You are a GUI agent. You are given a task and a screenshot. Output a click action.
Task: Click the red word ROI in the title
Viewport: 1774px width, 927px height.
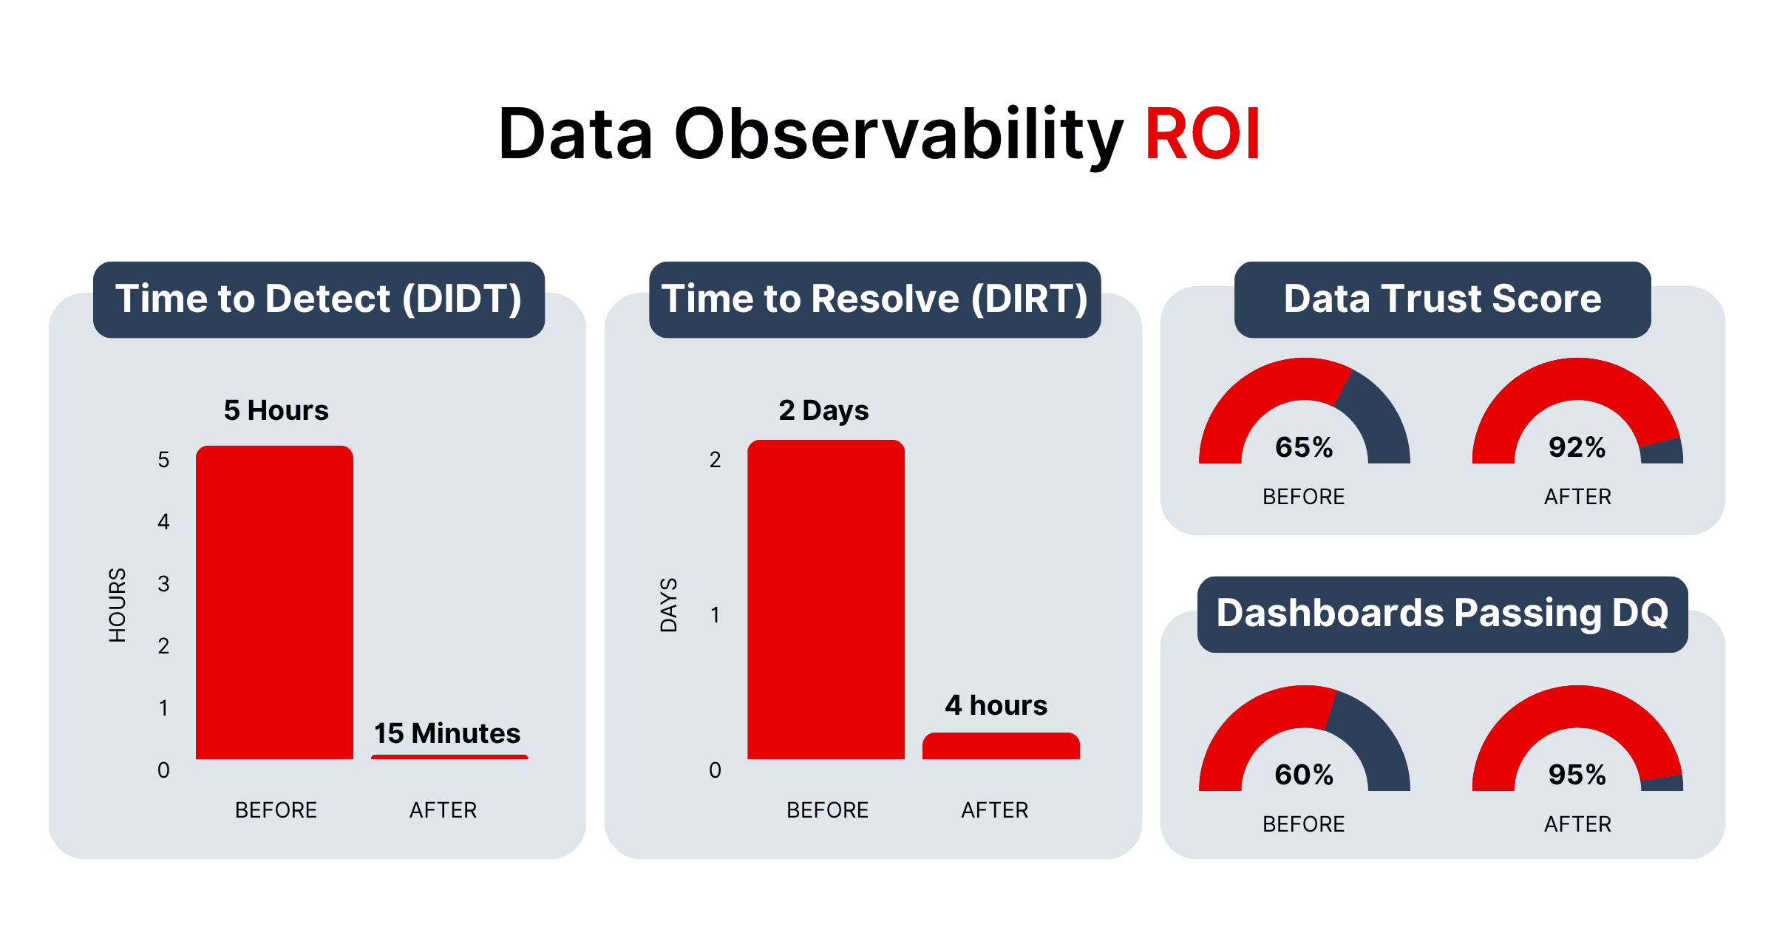tap(1202, 135)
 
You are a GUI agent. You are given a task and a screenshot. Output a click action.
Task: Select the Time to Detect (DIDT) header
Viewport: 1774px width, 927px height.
tap(319, 299)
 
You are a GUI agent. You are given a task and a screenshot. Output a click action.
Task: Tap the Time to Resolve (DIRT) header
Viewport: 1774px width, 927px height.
tap(874, 299)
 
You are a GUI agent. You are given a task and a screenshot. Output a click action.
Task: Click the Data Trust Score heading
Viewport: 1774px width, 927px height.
tap(1442, 299)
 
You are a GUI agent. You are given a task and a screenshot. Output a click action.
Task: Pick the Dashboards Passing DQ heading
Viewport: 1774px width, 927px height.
tap(1442, 614)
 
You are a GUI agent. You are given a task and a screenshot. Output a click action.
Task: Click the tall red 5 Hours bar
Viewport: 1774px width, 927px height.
tap(274, 602)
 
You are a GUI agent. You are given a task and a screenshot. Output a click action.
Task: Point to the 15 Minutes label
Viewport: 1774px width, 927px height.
tap(447, 733)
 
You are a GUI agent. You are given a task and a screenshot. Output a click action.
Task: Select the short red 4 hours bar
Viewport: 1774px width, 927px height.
tap(1001, 747)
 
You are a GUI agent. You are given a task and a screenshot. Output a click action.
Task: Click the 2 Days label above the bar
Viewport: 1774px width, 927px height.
tap(823, 410)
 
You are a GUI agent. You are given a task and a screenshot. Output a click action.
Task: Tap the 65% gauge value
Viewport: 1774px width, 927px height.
tap(1304, 447)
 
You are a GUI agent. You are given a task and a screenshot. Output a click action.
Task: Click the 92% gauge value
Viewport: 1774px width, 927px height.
tap(1577, 447)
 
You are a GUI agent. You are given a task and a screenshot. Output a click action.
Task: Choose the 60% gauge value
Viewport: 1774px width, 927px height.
tap(1304, 775)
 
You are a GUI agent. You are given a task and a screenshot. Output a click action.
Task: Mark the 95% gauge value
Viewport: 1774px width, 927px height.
tap(1577, 775)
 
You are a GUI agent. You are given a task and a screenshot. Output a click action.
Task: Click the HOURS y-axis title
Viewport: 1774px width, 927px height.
tap(118, 605)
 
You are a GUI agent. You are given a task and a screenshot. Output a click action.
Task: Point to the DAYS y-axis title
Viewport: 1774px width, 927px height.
tap(669, 605)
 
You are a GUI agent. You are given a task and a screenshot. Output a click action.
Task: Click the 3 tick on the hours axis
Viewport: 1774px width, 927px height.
tap(163, 584)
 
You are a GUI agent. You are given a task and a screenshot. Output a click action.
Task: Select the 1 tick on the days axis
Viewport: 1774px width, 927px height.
tap(715, 615)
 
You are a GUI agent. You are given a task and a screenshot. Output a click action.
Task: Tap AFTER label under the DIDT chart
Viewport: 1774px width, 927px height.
tap(443, 810)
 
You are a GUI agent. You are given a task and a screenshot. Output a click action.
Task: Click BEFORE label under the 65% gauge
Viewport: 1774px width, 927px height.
tap(1303, 497)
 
